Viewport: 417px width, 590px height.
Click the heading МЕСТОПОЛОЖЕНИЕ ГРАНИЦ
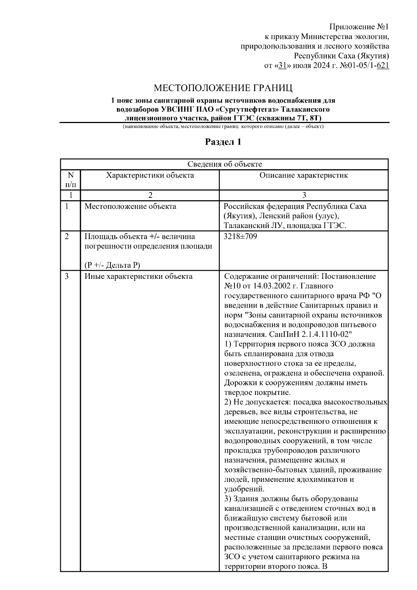coord(223,87)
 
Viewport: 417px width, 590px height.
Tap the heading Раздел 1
coord(223,142)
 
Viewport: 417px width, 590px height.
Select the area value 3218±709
coord(240,237)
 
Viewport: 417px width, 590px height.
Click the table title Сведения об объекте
coord(224,164)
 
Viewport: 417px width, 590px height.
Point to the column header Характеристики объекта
coord(150,175)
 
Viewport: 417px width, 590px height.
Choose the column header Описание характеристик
coord(303,175)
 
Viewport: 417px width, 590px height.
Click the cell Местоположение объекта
coord(130,207)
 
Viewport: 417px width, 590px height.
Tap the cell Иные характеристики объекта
coord(138,277)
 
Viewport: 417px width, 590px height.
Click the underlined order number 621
coord(383,65)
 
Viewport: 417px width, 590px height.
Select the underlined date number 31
coord(282,65)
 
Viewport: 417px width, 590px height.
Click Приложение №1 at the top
coord(359,27)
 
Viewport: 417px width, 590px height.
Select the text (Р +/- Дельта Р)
coord(112,265)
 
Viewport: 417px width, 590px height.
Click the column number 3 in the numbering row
coord(304,195)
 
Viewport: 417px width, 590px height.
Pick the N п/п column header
coord(70,179)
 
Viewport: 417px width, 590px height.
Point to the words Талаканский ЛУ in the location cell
coord(250,226)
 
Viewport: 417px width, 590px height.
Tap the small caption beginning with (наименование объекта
coord(223,127)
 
